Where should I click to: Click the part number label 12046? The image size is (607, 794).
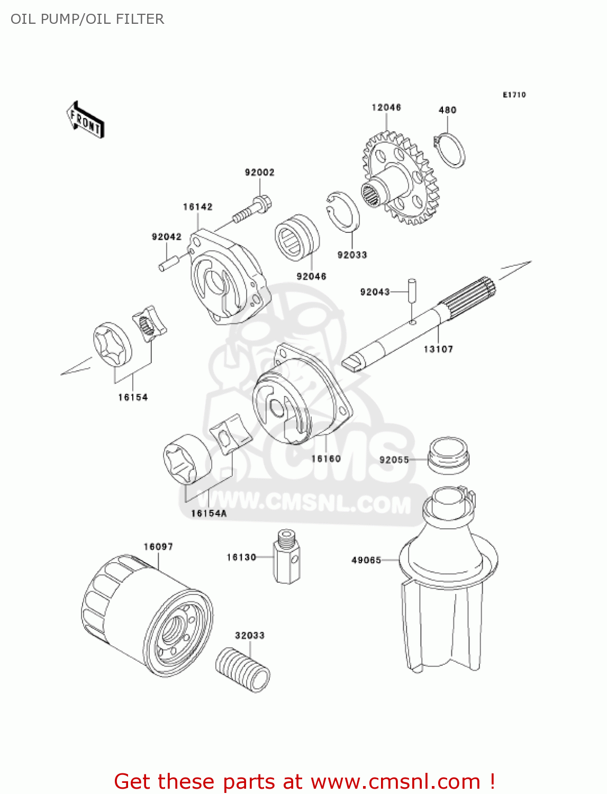(x=386, y=107)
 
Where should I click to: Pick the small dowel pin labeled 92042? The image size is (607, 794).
(x=168, y=263)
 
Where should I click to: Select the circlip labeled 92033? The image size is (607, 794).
(x=342, y=212)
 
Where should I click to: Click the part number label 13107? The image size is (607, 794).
(x=438, y=349)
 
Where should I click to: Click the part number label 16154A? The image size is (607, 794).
(x=209, y=513)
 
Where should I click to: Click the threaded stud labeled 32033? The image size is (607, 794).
(x=243, y=669)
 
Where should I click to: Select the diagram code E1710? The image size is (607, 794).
(x=514, y=95)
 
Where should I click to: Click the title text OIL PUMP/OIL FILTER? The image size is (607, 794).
(x=87, y=19)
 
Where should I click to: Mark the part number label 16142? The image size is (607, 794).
(x=197, y=207)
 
